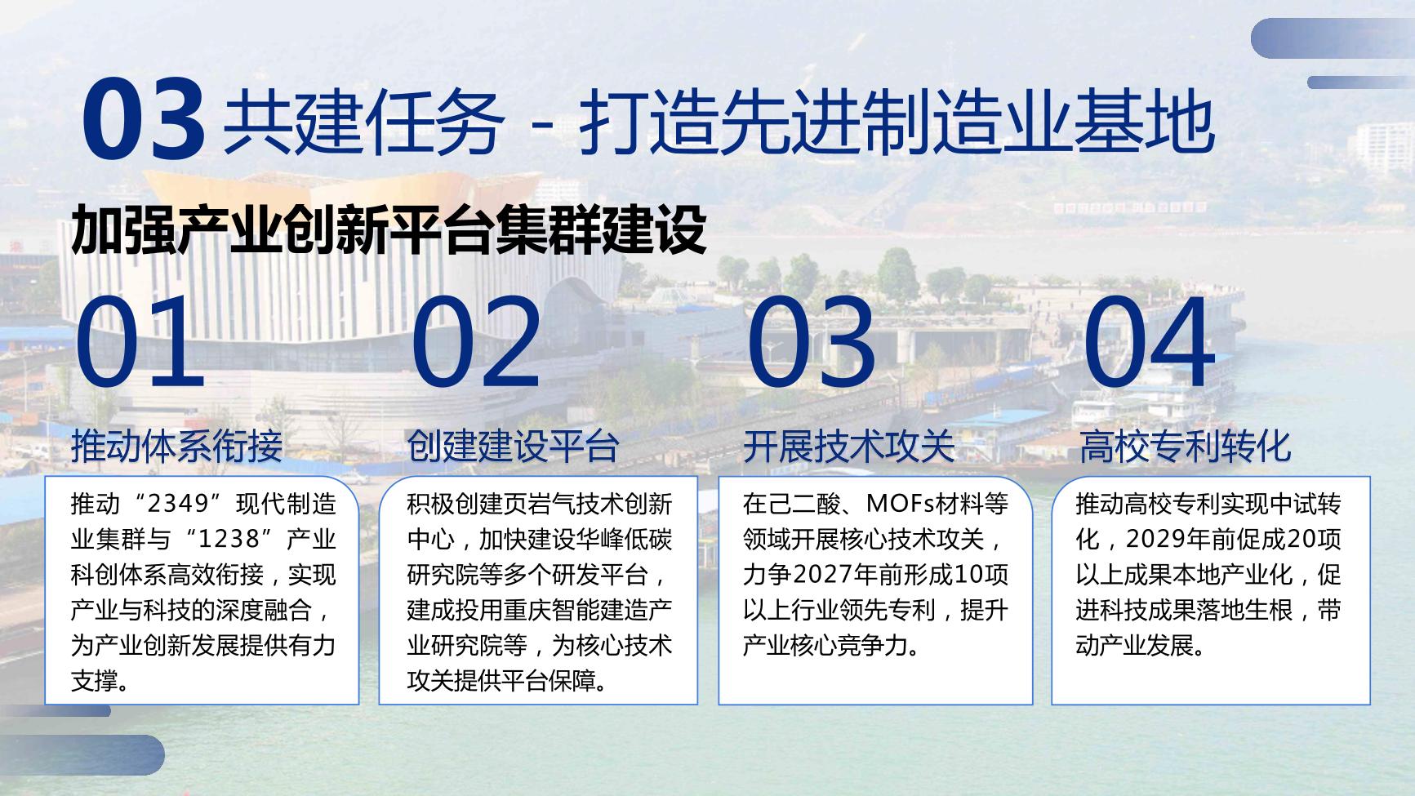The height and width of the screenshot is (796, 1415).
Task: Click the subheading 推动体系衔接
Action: pos(177,446)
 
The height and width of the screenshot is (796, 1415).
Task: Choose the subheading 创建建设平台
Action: pos(514,446)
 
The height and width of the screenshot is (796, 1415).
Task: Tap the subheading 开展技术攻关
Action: pos(849,446)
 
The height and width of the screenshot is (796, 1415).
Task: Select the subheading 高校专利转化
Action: pos(1186,446)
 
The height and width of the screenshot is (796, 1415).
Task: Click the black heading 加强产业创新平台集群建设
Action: pos(389,230)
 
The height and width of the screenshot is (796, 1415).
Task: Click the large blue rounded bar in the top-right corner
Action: pos(1333,38)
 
